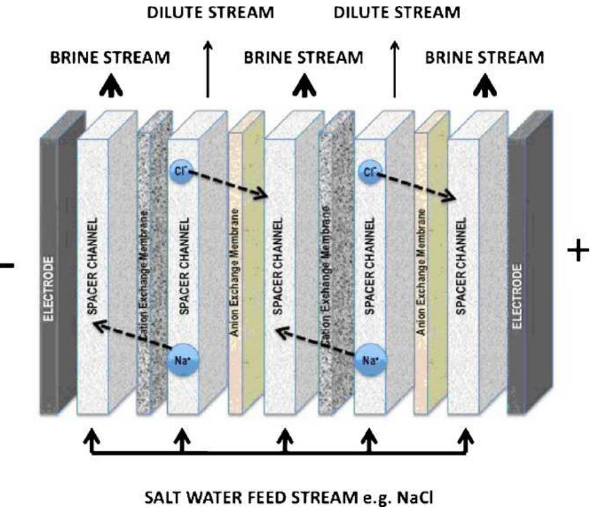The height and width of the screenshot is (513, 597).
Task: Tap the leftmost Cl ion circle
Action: [180, 170]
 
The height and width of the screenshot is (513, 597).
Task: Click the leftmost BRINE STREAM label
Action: [111, 57]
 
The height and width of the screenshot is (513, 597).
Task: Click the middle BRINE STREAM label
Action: [304, 57]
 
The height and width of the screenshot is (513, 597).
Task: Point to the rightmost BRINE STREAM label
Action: [485, 57]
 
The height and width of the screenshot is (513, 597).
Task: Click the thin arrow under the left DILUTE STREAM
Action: [207, 68]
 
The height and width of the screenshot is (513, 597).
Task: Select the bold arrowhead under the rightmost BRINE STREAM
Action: [485, 86]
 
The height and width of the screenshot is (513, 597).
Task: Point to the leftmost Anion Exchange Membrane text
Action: [235, 272]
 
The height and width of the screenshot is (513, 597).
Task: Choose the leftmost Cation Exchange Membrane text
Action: [145, 278]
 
